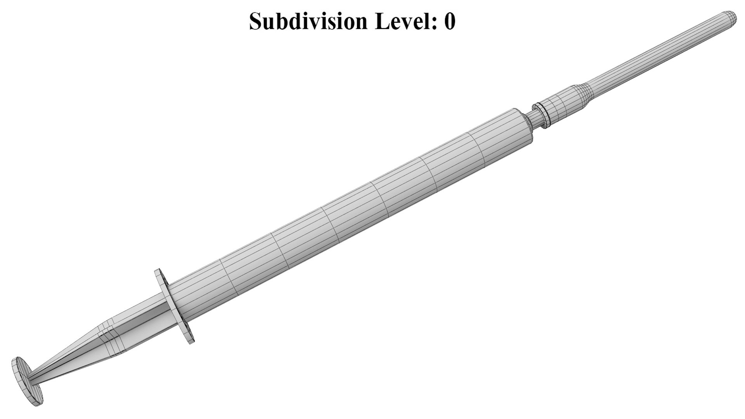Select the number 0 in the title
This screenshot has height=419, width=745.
pyautogui.click(x=450, y=21)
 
